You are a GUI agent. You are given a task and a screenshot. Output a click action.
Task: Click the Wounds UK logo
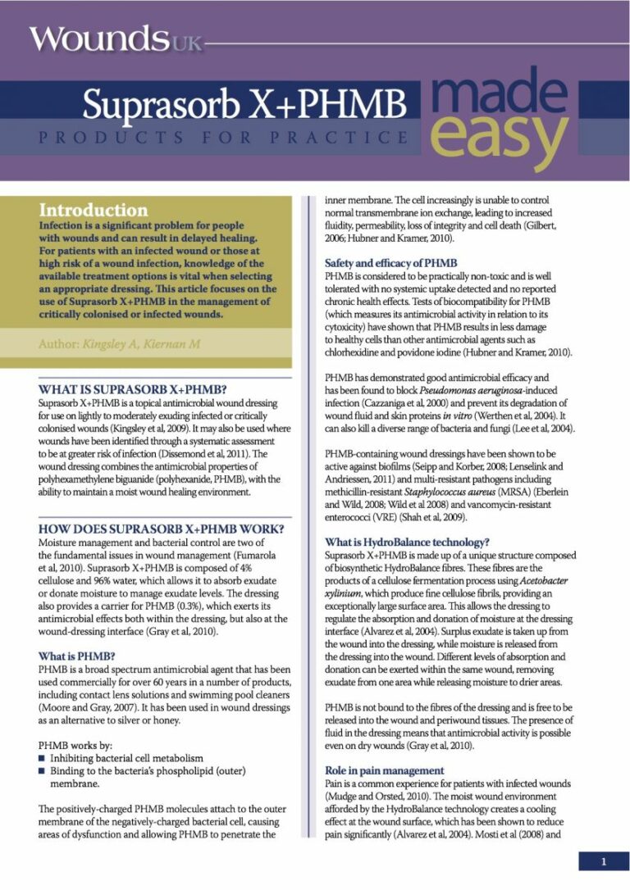[x=115, y=39]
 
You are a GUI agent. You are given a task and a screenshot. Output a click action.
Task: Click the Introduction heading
[x=93, y=210]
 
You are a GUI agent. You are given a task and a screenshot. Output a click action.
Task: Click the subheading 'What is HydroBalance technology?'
[x=407, y=542]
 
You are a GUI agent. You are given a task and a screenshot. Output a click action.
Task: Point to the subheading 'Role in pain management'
[x=385, y=770]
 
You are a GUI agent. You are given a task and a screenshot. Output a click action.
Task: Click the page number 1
[x=603, y=861]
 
